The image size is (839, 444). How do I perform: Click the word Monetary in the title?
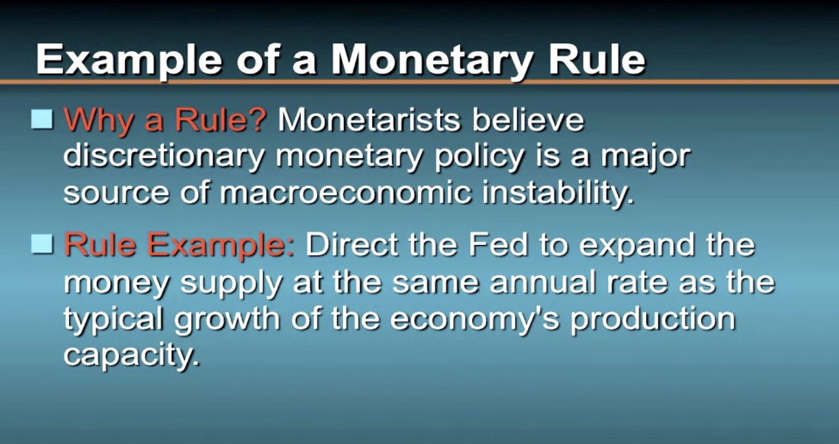point(433,60)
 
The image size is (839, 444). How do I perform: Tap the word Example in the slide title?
point(129,60)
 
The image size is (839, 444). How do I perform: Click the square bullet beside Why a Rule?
point(42,119)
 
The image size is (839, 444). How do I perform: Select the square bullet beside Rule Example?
point(42,244)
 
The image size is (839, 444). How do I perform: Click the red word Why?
point(98,121)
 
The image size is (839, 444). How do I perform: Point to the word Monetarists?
point(369,121)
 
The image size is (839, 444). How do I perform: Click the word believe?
point(528,121)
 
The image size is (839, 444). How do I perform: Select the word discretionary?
point(164,157)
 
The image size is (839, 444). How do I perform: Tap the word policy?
point(479,157)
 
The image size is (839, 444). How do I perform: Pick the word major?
point(646,157)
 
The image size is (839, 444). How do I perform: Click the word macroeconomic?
point(345,192)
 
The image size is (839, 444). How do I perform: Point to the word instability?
point(558,192)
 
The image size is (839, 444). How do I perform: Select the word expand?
point(637,246)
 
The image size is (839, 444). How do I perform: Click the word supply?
point(230,284)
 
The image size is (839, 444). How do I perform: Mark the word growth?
point(227,319)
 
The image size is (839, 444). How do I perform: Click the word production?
point(653,319)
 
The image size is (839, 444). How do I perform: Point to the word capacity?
point(132,356)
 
